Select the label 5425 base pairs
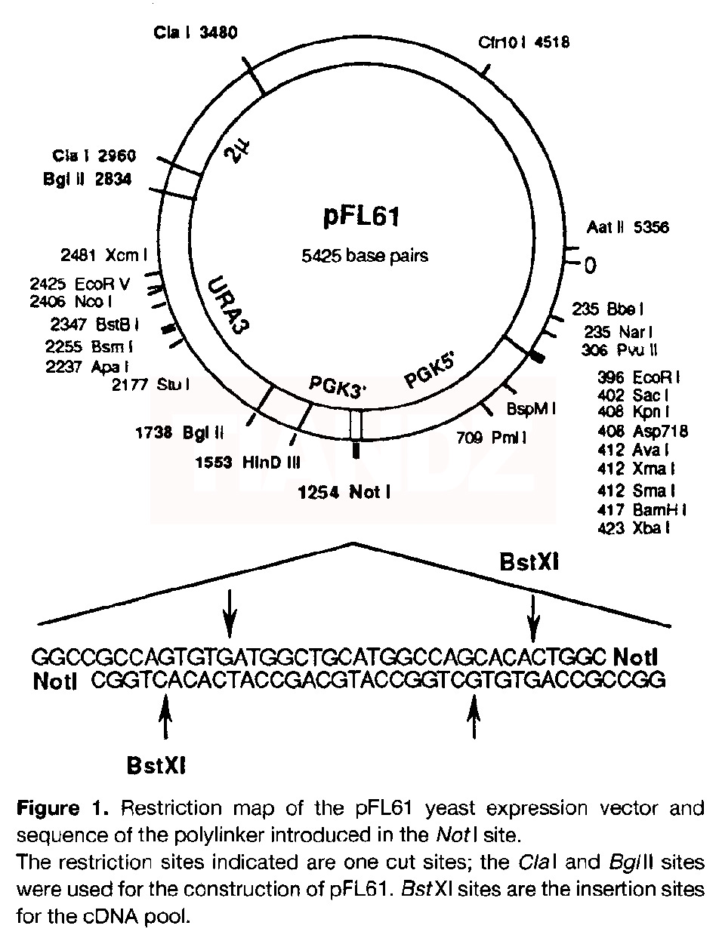364,255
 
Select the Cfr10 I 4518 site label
523,43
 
